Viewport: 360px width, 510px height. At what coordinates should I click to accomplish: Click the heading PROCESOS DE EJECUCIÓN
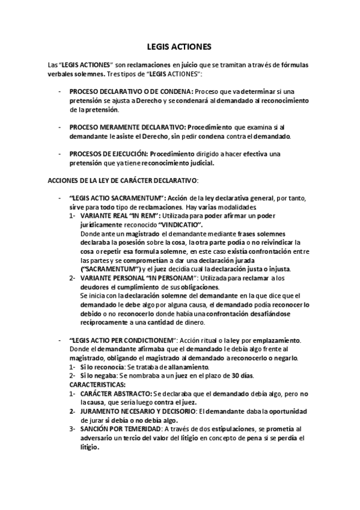click(x=108, y=154)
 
